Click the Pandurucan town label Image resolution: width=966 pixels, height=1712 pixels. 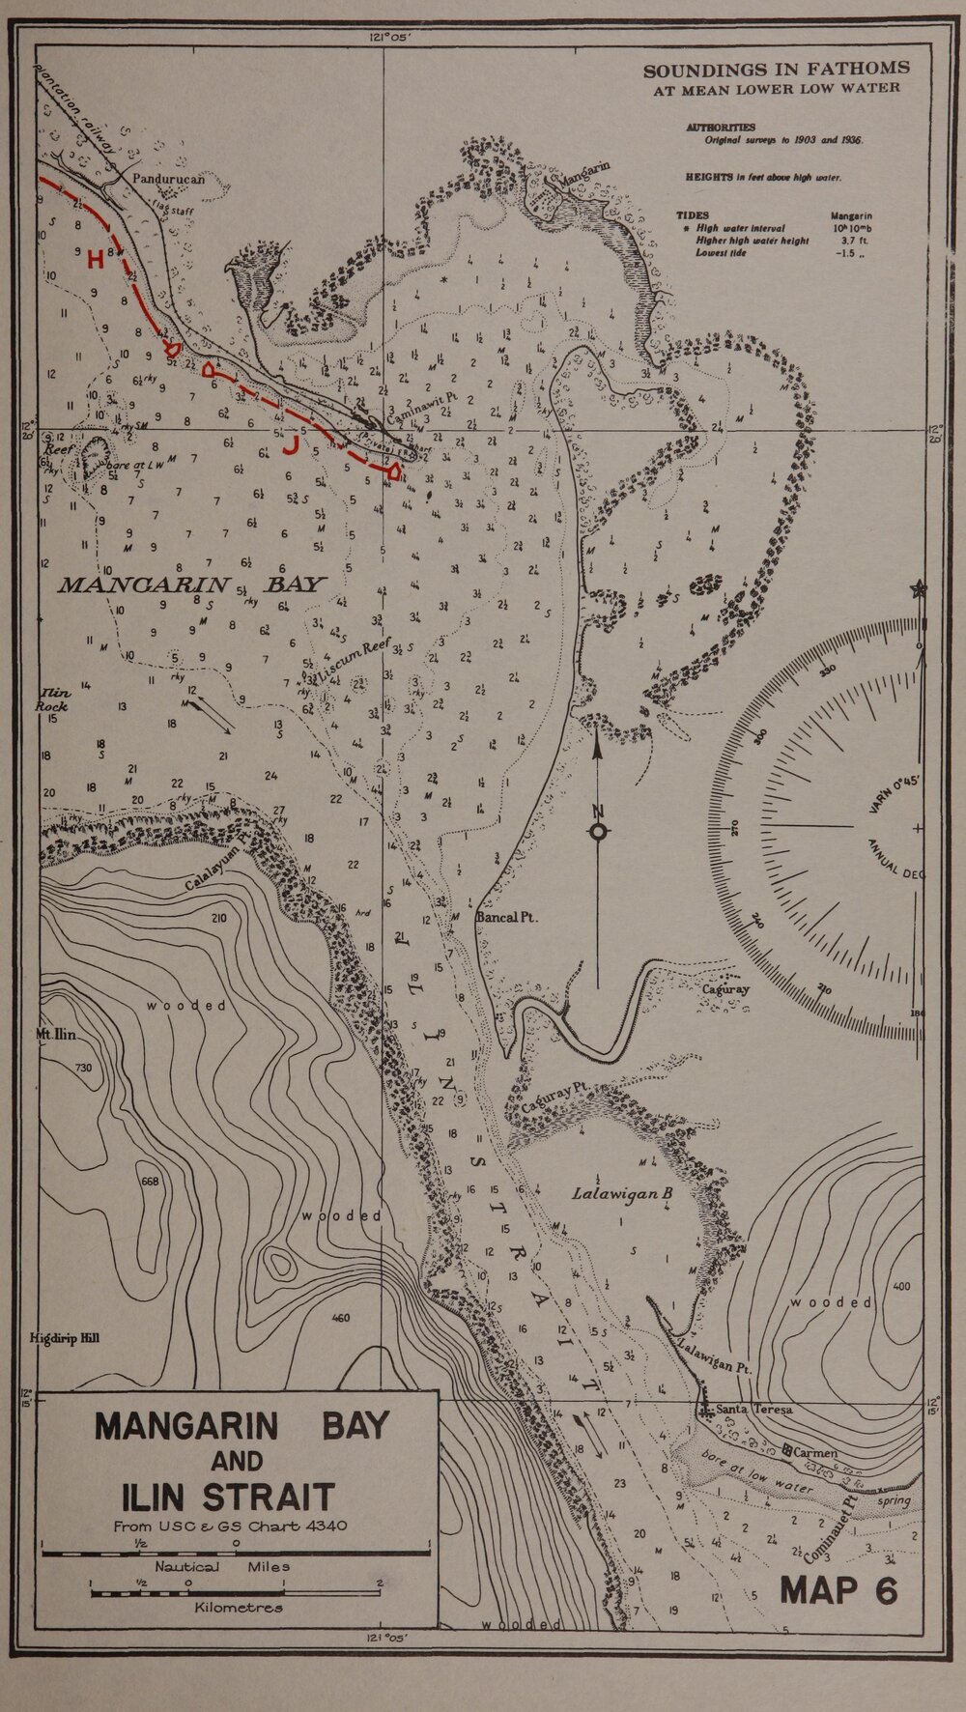[169, 179]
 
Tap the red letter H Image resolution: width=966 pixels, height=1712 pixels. [95, 259]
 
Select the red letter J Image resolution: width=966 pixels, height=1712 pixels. [289, 445]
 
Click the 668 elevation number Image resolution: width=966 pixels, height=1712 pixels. [151, 1182]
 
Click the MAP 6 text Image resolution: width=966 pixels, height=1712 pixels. [838, 1589]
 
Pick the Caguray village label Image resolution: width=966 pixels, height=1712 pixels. [725, 989]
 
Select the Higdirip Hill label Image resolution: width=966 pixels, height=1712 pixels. [65, 1338]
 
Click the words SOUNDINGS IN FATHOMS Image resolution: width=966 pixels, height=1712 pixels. [776, 69]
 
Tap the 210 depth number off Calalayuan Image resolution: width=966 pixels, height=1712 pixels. [218, 918]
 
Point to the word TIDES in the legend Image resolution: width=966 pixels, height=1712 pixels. [693, 215]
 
